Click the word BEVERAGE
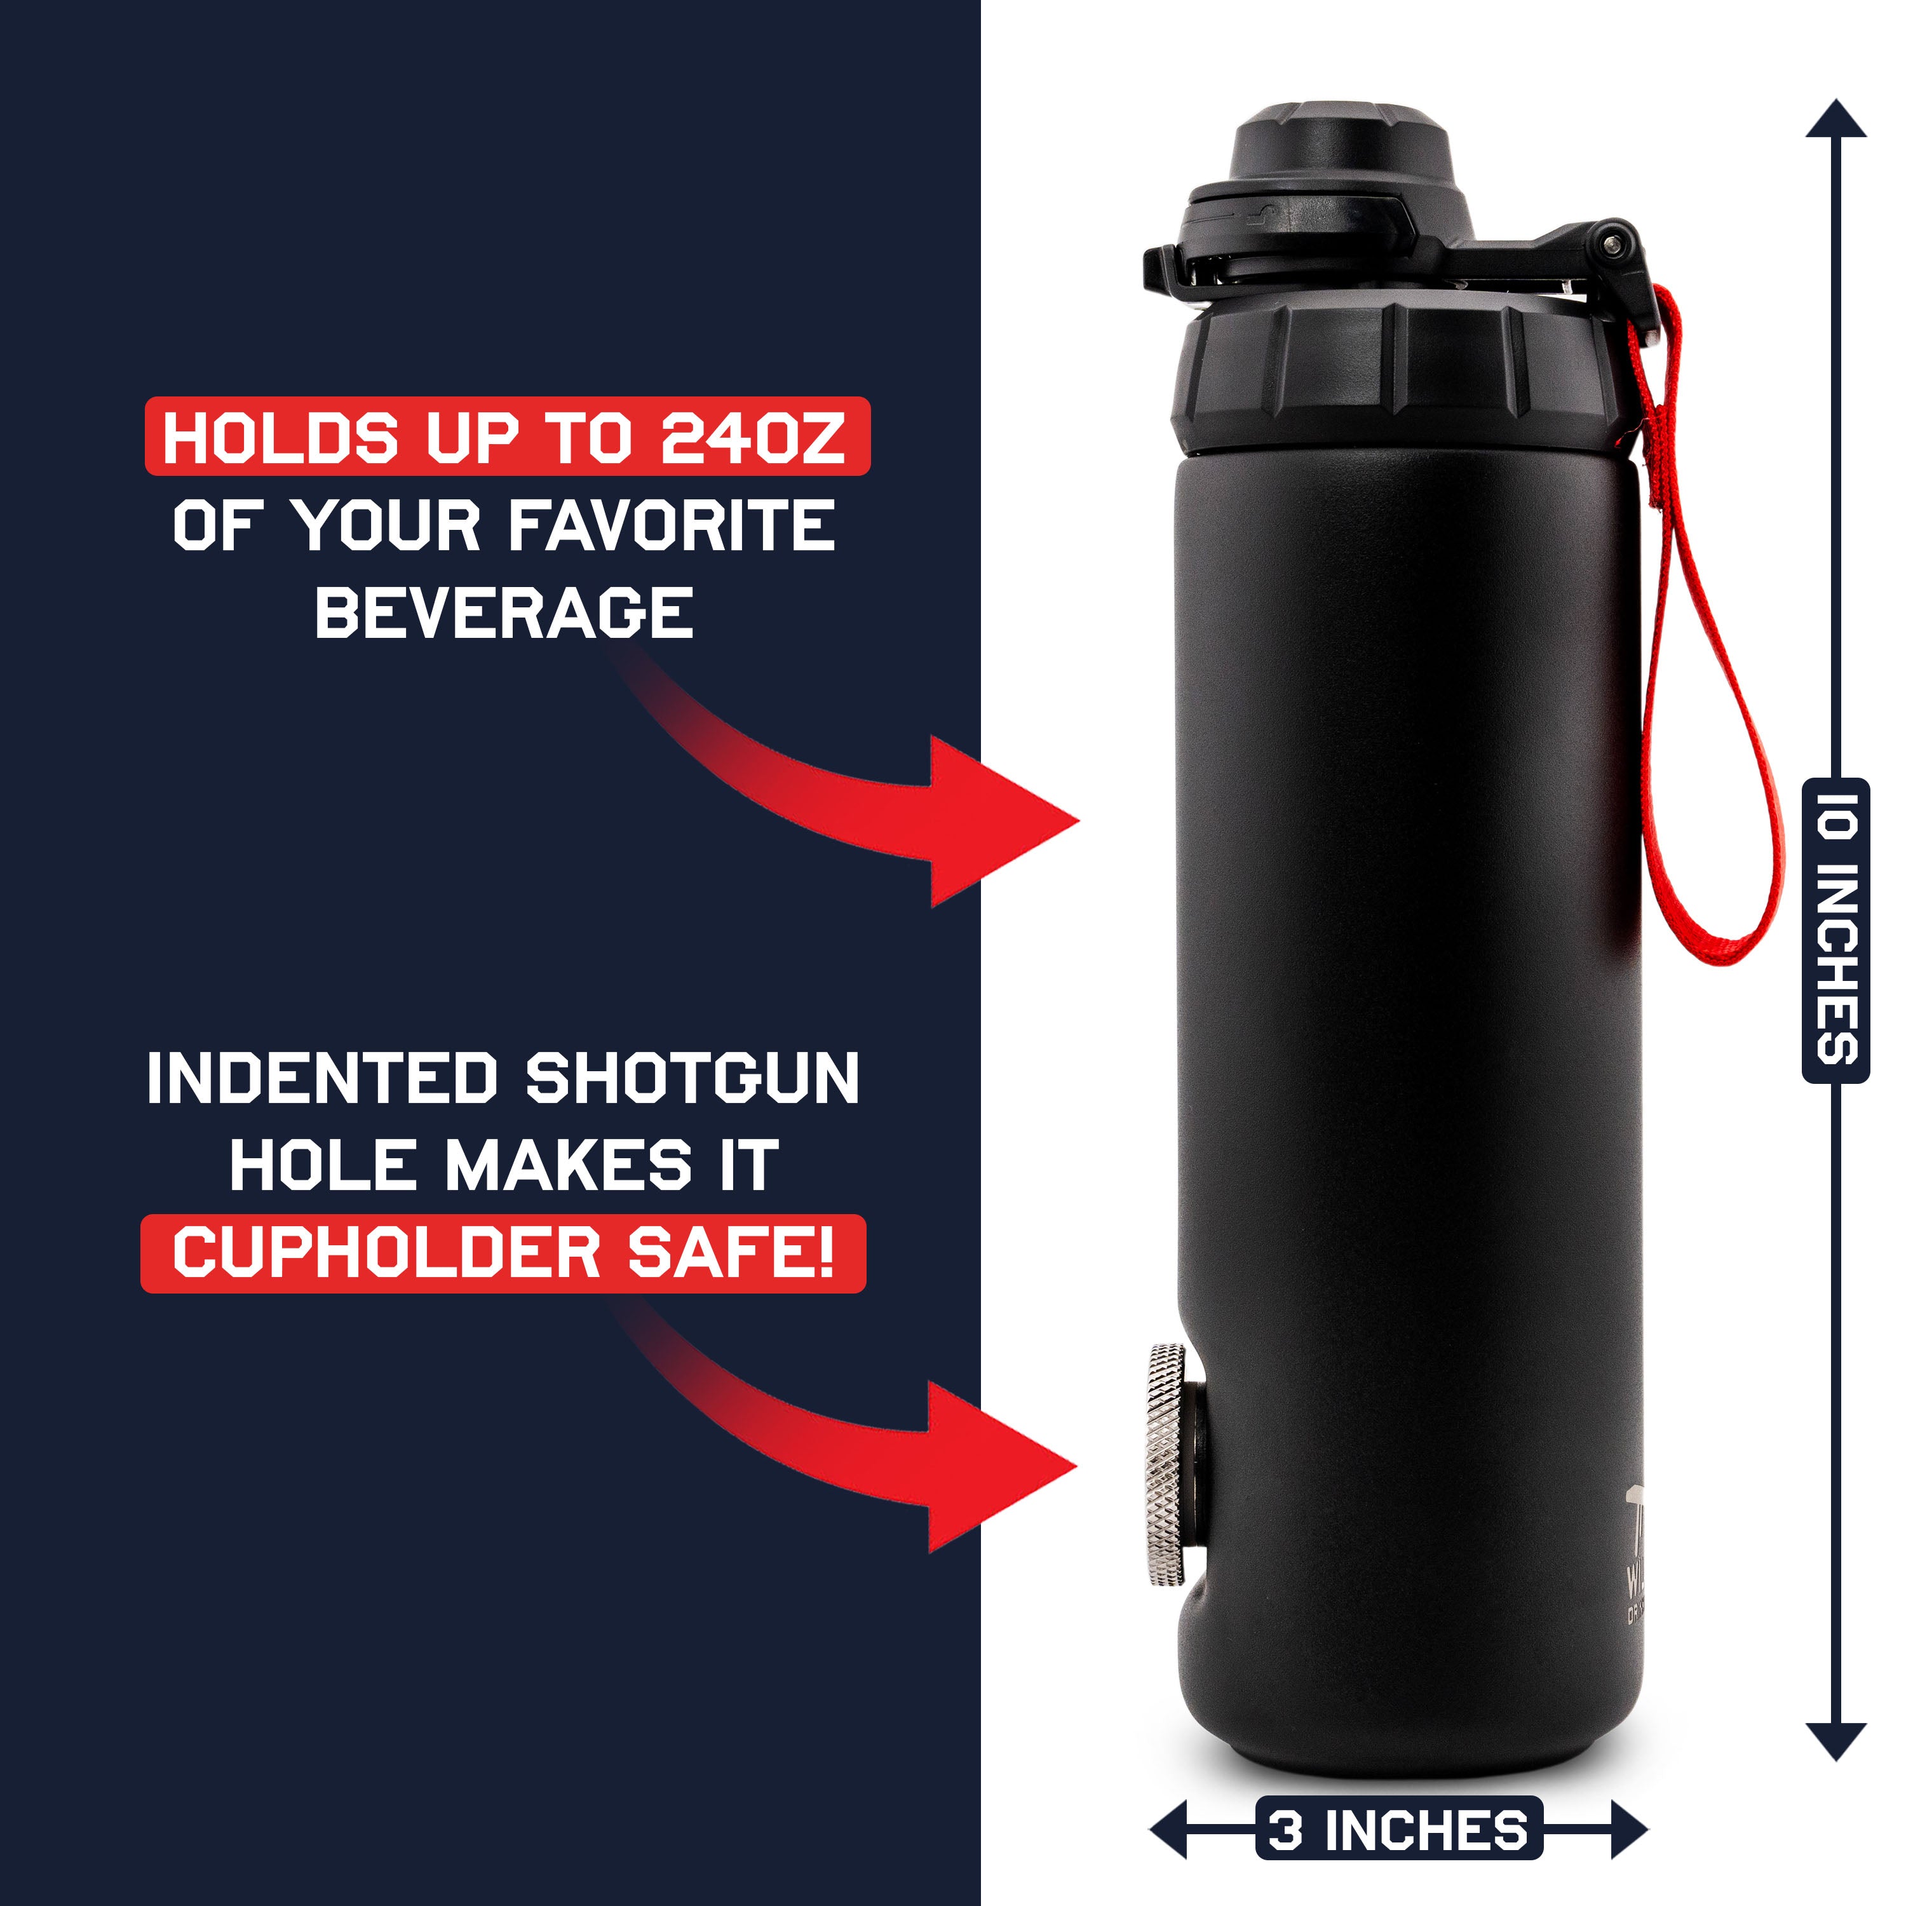coord(504,612)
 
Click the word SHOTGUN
coord(693,1079)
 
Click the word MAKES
coord(569,1166)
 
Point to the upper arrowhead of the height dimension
coord(1836,120)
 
